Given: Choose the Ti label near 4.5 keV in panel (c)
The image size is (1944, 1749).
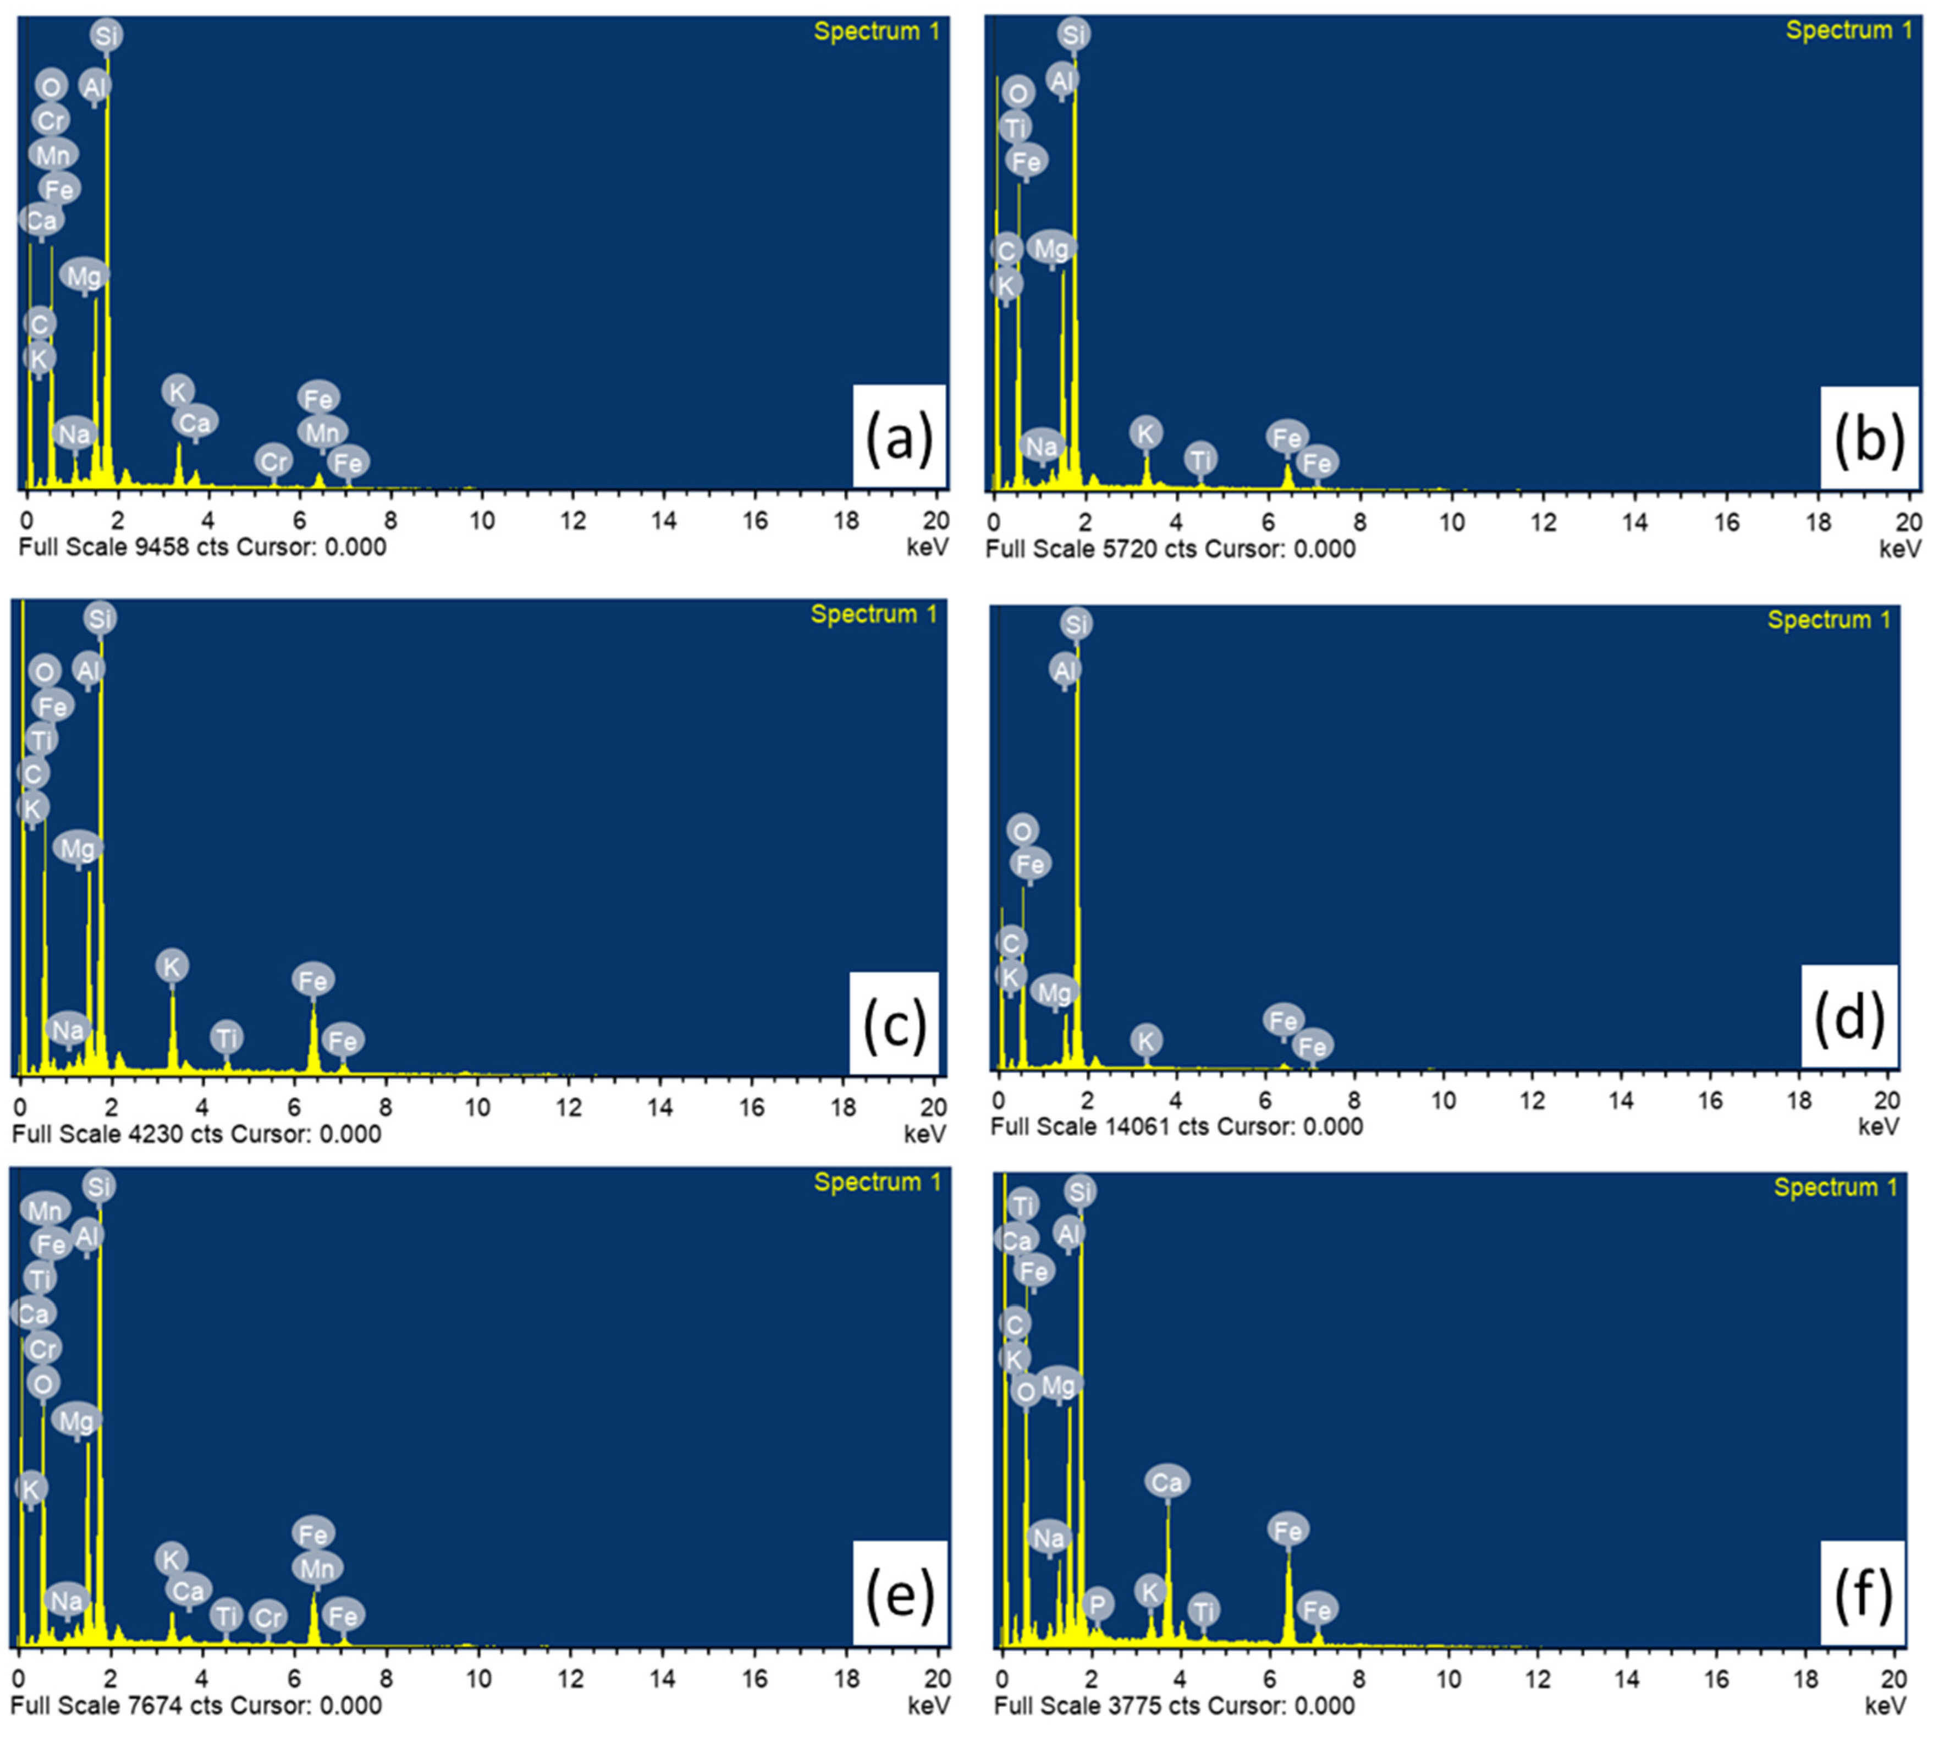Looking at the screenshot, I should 226,1038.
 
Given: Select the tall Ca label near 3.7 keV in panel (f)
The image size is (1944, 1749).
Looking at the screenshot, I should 1166,1482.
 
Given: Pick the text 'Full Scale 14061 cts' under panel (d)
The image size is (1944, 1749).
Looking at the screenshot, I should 1091,1126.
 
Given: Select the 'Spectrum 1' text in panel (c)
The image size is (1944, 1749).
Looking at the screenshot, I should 873,614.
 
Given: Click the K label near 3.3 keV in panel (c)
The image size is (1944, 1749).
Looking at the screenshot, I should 172,966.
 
